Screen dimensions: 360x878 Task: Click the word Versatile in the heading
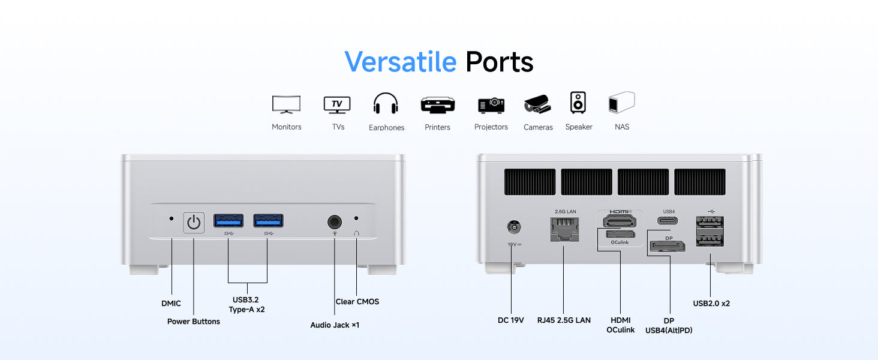click(400, 62)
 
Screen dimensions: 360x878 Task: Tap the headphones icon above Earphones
click(386, 104)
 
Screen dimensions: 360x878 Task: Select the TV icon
click(337, 104)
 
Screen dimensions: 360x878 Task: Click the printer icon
click(438, 105)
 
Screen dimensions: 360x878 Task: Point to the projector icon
click(491, 105)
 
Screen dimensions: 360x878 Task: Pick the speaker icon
click(578, 103)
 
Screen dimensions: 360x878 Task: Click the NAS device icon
click(621, 103)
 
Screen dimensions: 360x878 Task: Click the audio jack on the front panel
click(335, 222)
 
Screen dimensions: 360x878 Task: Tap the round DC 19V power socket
click(513, 228)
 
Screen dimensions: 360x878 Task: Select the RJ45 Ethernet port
click(564, 229)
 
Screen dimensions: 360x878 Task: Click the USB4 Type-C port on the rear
click(669, 220)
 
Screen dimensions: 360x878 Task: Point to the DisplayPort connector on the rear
click(668, 246)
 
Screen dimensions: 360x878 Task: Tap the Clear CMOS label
click(357, 302)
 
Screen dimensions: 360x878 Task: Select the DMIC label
click(171, 304)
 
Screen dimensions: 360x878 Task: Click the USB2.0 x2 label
click(711, 304)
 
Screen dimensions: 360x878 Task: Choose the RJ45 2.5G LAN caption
click(564, 320)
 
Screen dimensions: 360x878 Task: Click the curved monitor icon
click(286, 104)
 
